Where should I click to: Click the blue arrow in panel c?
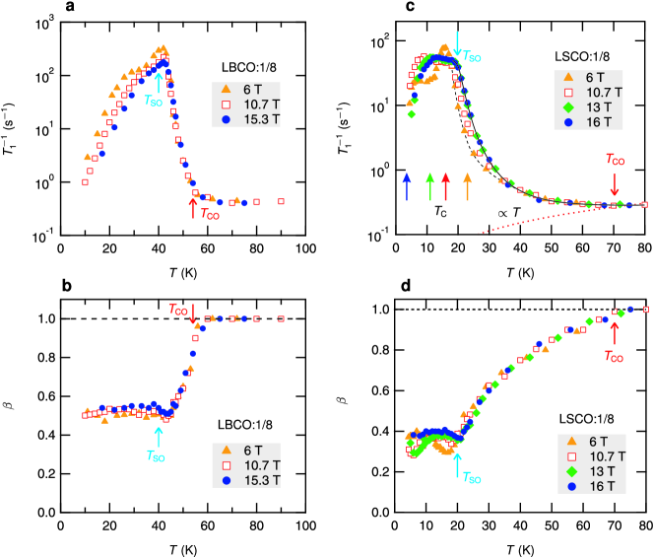pos(407,183)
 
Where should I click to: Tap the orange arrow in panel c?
pos(468,183)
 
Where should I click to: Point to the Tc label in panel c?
pos(441,210)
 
